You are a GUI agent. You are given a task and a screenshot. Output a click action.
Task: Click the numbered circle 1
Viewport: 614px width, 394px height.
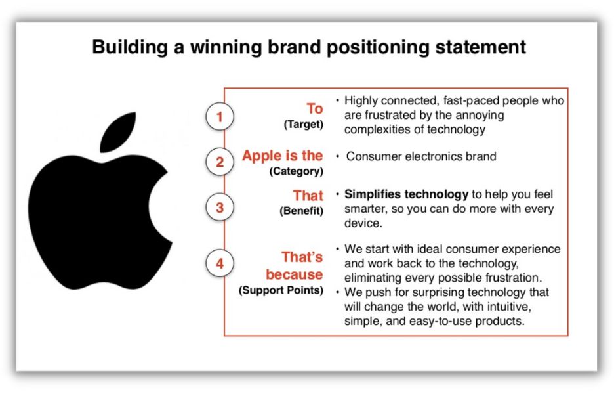pos(220,116)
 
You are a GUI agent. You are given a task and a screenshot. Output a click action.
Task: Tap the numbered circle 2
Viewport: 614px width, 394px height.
pos(220,162)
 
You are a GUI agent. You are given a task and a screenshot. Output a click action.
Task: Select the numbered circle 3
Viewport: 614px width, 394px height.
pos(220,207)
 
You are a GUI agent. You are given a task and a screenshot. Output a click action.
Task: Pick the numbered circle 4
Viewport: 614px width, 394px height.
pos(220,263)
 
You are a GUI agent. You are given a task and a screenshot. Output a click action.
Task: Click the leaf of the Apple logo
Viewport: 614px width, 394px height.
pos(118,132)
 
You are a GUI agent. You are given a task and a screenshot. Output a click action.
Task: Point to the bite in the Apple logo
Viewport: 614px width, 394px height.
pos(161,207)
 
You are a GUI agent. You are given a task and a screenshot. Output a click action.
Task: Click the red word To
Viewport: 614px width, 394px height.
pos(315,108)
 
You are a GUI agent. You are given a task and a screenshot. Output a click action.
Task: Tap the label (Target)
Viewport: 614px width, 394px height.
pos(304,124)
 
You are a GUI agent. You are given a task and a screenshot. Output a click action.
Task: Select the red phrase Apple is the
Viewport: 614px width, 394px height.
pos(282,156)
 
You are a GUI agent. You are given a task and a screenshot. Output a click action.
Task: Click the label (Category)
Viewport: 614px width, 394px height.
pos(296,171)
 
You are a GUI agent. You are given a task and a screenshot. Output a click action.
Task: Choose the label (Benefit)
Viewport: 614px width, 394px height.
pos(302,211)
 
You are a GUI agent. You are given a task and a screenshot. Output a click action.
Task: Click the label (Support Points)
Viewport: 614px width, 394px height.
pos(281,290)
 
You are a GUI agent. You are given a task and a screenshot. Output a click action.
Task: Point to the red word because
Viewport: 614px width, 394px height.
pos(295,274)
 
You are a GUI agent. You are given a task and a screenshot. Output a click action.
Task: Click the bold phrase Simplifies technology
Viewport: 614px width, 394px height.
pos(407,194)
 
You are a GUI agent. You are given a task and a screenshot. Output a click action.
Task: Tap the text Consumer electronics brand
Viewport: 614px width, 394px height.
pos(421,156)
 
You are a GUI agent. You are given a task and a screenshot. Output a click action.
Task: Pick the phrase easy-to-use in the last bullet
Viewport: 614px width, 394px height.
pos(440,322)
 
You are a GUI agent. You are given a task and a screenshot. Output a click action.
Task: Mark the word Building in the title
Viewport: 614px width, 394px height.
pos(130,47)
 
